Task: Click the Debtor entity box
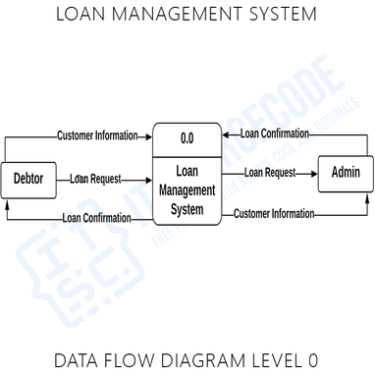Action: point(27,179)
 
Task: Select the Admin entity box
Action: point(346,174)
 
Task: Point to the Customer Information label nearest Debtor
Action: point(96,135)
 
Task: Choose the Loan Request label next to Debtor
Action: point(96,179)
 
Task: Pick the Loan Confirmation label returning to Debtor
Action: point(96,218)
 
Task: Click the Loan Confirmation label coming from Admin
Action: point(275,134)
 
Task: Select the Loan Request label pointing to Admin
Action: point(270,173)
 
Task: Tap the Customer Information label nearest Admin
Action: point(274,213)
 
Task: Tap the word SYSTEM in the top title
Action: point(280,15)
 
